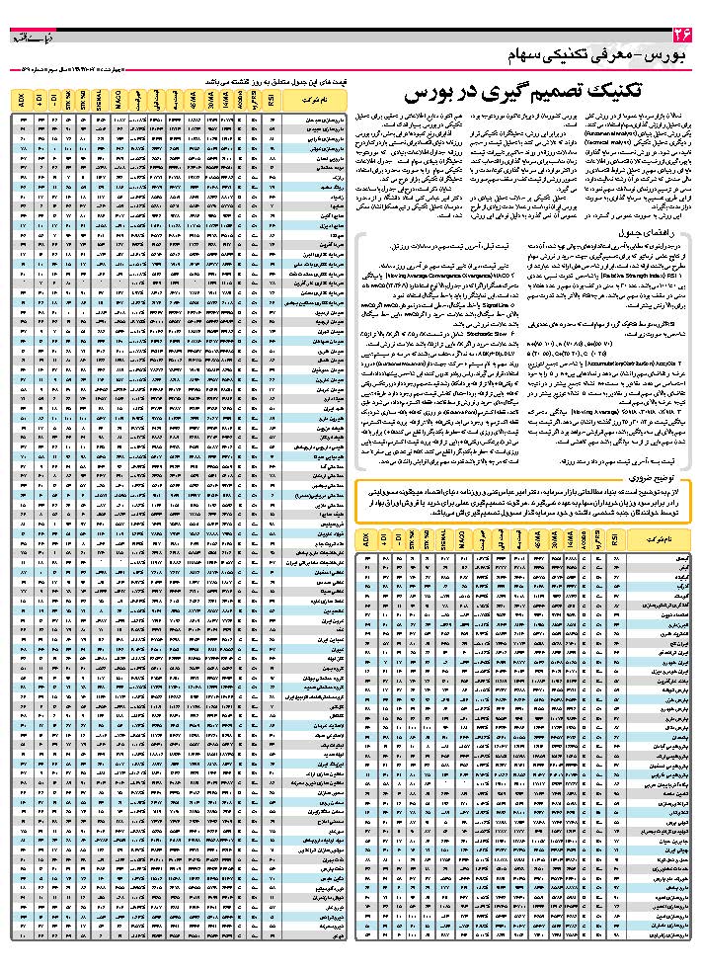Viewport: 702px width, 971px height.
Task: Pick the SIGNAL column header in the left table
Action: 100,100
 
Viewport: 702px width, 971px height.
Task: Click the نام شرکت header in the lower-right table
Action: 654,539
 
